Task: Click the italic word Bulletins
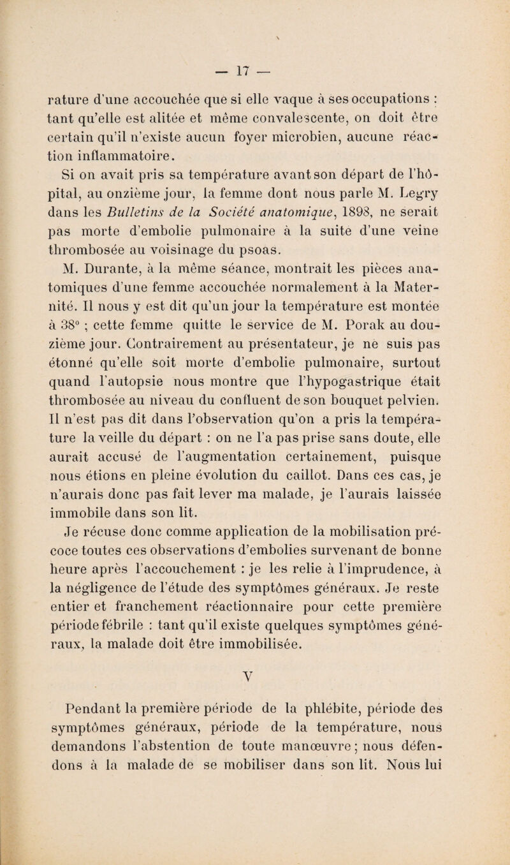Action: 195,226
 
